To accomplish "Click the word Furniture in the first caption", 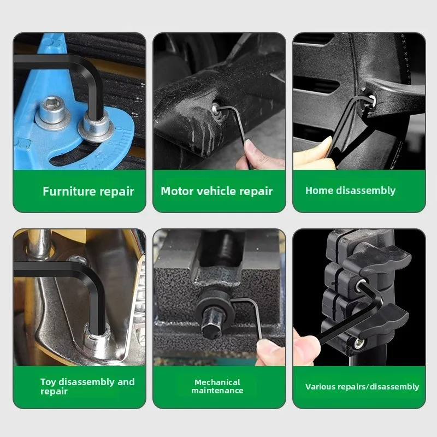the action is point(69,191).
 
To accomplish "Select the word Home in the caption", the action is point(319,190).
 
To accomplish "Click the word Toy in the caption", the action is point(48,382).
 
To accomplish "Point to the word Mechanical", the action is point(217,382).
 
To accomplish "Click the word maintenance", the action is point(217,391).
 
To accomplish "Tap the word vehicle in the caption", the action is point(216,191).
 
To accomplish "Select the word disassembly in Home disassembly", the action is point(366,191).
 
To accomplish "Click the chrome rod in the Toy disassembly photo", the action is point(39,242).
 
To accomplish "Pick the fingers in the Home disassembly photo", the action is point(314,155).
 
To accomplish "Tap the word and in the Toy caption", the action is point(126,382).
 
